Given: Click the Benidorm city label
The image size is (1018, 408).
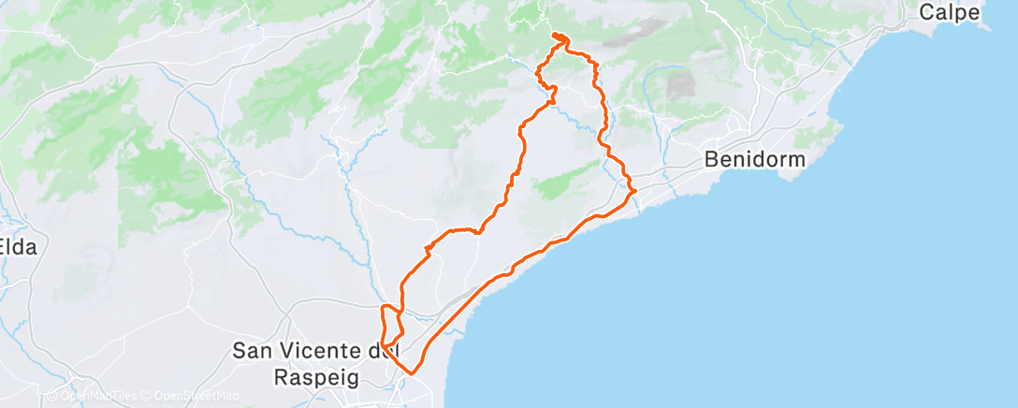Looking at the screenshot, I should tap(754, 159).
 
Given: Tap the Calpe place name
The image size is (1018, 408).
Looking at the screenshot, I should tap(949, 12).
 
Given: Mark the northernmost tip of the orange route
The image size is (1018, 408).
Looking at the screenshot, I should tap(558, 35).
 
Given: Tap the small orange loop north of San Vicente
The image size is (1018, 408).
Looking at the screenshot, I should tap(391, 325).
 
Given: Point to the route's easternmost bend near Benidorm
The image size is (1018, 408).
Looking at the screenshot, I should tap(636, 191).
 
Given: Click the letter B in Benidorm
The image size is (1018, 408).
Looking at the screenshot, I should tap(711, 159).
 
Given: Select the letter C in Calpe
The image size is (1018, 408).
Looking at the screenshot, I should tap(926, 12).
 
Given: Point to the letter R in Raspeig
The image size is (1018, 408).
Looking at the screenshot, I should tap(282, 376).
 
